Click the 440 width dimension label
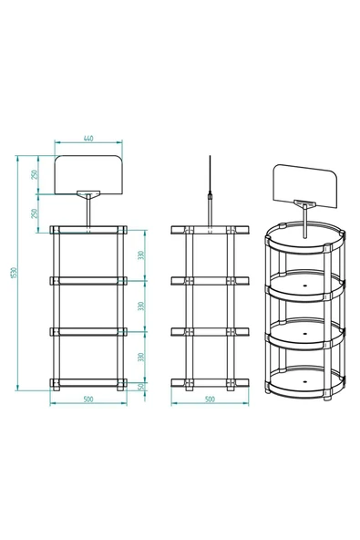(88, 138)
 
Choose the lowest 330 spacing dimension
(142, 356)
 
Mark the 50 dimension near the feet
(142, 387)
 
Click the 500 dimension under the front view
(88, 400)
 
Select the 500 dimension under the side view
(209, 400)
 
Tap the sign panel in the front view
(88, 173)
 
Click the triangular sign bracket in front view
(88, 194)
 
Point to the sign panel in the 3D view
(304, 186)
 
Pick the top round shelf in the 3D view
(304, 240)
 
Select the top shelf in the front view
(88, 228)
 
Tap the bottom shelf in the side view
(209, 381)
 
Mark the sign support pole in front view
(88, 212)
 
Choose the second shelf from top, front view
(88, 279)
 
